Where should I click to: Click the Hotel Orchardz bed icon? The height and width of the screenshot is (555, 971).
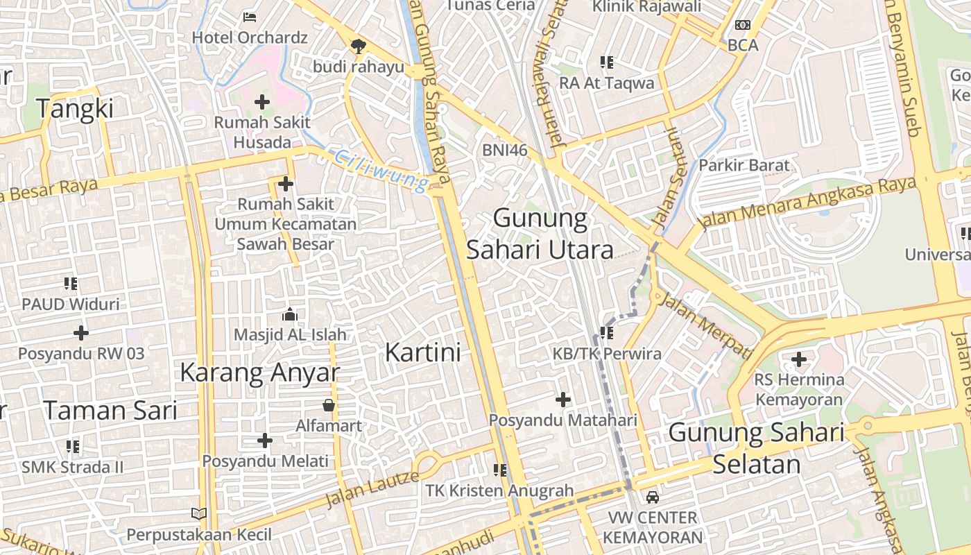coord(250,17)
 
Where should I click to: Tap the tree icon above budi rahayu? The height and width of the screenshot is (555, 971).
coord(358,46)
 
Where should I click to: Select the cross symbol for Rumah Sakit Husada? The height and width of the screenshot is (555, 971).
coord(261,103)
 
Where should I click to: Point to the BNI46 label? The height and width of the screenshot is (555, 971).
coord(505,150)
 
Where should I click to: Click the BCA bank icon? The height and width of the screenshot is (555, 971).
coord(743,25)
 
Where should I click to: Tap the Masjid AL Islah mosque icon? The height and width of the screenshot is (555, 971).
coord(290,315)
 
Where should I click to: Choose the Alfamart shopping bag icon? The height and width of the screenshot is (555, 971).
coord(329,405)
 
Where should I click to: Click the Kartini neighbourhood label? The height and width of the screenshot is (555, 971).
coord(422,352)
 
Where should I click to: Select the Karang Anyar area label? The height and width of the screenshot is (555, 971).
coord(260,373)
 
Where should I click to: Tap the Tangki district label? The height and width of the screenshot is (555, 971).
coord(74,109)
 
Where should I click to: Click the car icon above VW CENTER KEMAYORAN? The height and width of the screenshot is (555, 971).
coord(652,497)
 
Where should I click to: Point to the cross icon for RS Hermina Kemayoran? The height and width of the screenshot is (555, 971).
coord(799,359)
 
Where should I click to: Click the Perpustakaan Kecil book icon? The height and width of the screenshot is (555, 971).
coord(199,514)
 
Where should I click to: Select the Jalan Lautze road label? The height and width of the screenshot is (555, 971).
coord(372,488)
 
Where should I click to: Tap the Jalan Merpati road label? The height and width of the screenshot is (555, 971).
coord(705,325)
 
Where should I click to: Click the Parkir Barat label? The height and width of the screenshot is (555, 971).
coord(744,165)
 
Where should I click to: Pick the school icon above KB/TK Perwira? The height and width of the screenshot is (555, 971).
coord(607,333)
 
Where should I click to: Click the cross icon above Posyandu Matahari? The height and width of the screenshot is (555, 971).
coord(562,400)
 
